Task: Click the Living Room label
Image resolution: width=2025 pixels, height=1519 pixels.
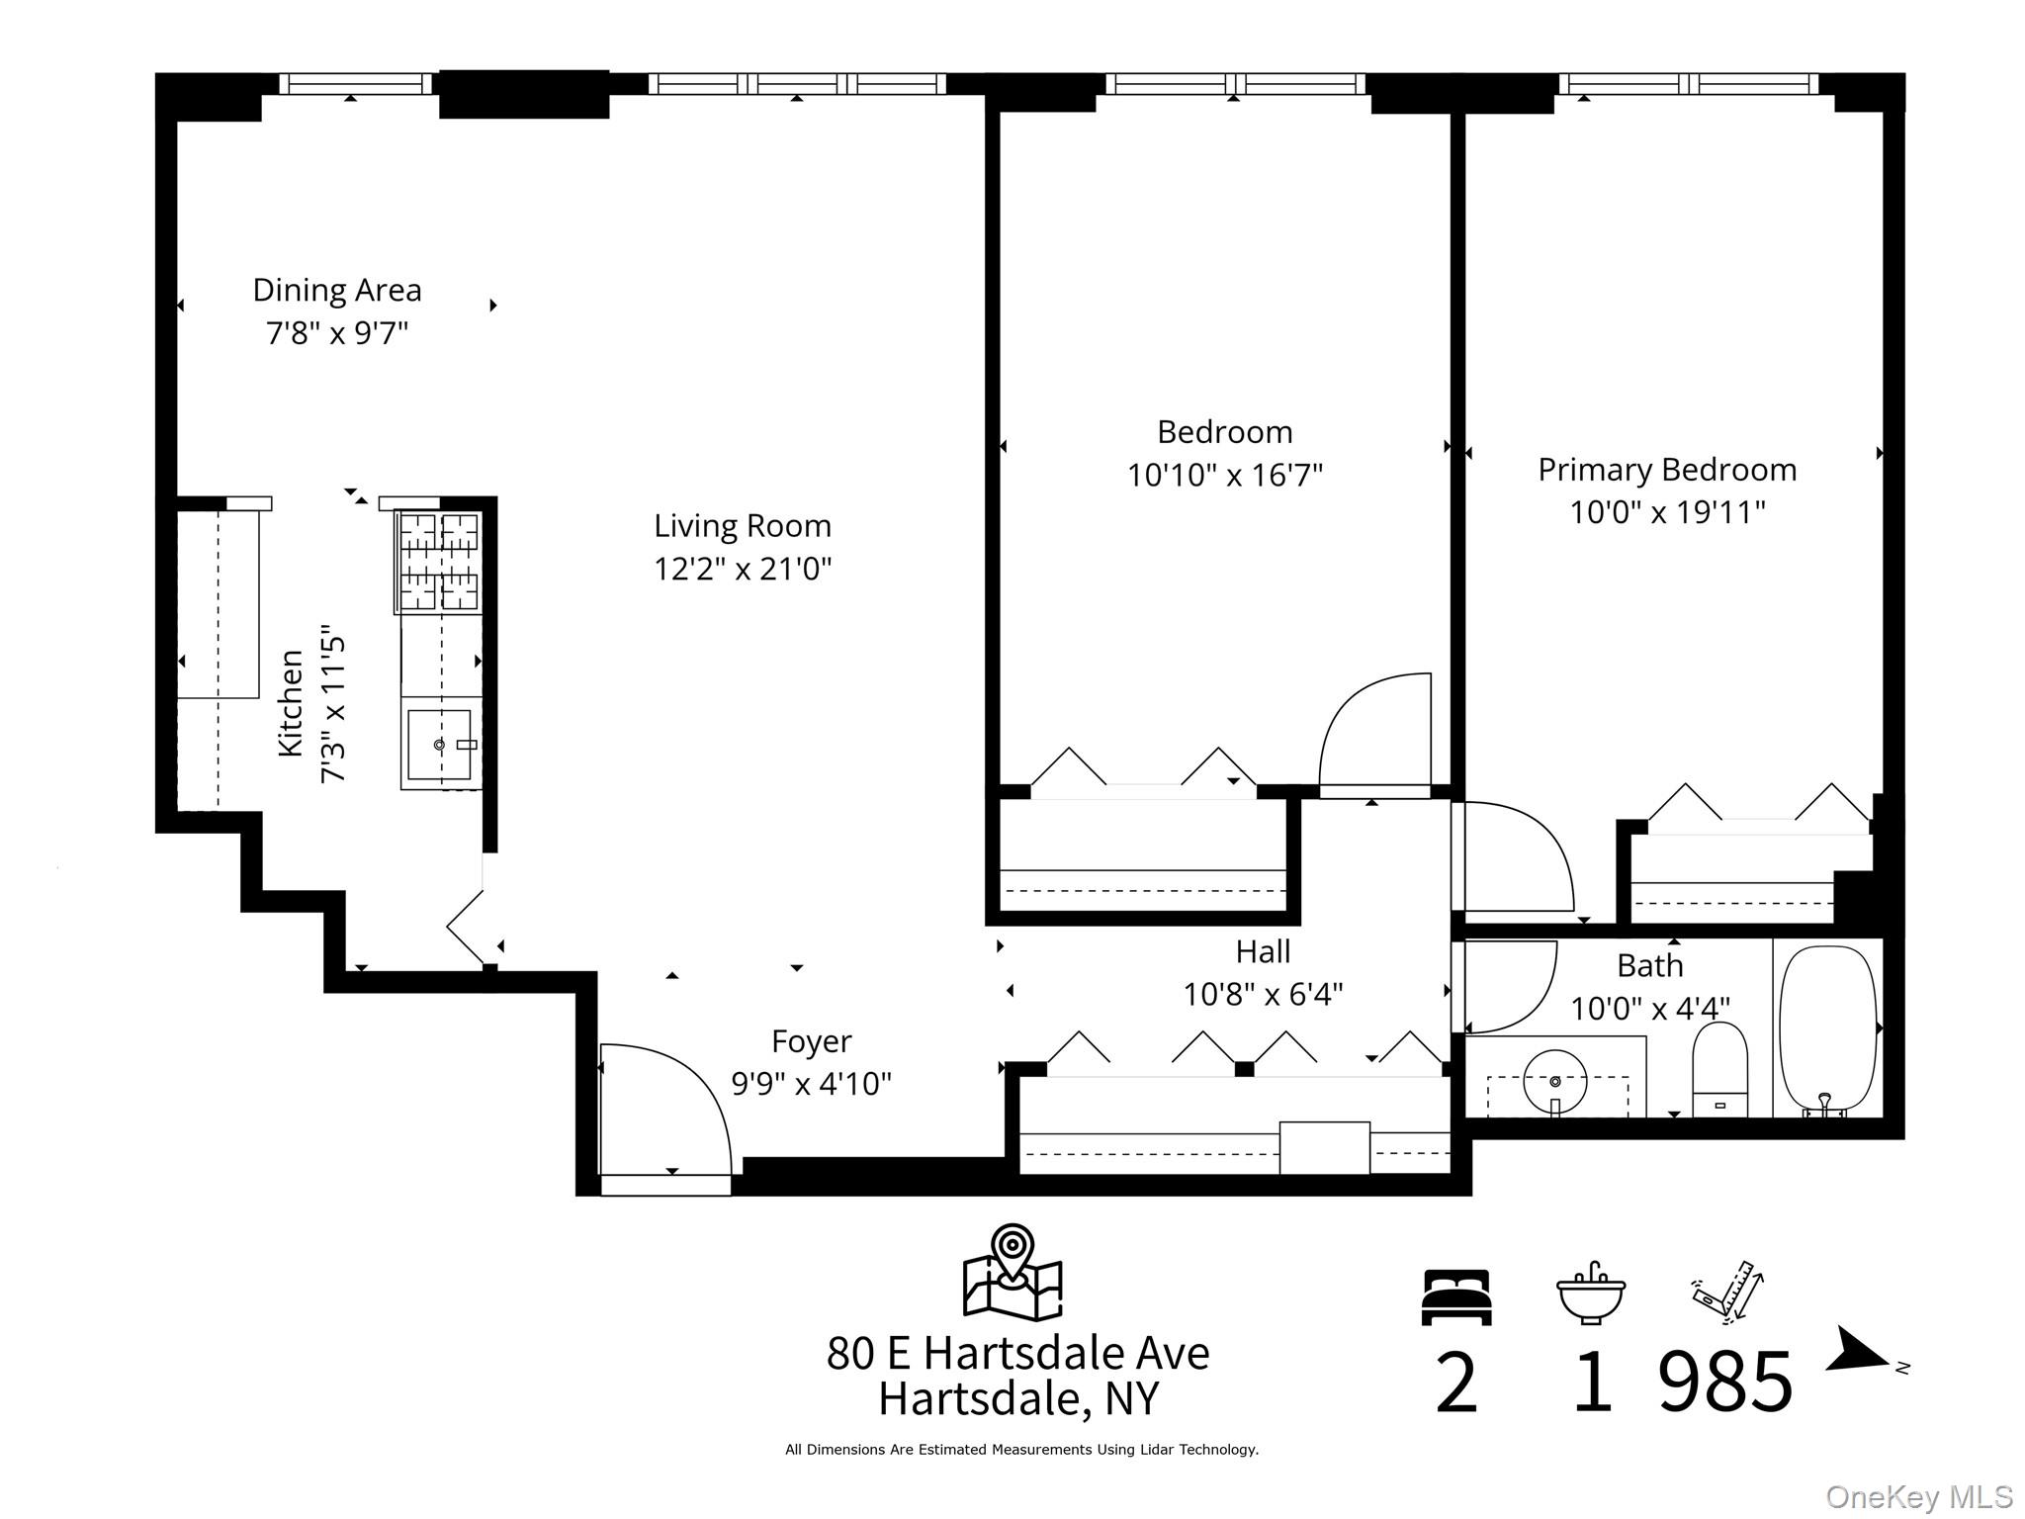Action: (x=742, y=525)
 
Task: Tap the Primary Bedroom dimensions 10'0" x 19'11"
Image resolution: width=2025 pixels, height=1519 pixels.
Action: (x=1667, y=512)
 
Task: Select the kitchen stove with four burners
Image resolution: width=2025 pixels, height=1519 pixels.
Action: (x=439, y=561)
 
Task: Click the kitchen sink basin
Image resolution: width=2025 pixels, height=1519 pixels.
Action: (x=439, y=745)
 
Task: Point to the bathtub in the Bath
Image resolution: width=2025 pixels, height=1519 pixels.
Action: (x=1827, y=1028)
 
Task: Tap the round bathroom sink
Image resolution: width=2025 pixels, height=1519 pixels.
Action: (x=1554, y=1080)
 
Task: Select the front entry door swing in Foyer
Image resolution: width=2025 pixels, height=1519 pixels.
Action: (x=664, y=1108)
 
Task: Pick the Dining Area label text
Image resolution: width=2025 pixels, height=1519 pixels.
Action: (x=337, y=290)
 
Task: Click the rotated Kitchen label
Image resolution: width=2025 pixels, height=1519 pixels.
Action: (x=291, y=703)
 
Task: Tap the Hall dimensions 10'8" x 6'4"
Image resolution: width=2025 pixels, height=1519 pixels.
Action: (x=1263, y=994)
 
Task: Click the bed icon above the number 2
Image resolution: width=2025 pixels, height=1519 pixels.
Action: (x=1455, y=1297)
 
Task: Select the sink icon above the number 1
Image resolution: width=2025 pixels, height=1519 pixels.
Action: (x=1590, y=1294)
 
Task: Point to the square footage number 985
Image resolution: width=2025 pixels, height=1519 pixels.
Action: (x=1724, y=1383)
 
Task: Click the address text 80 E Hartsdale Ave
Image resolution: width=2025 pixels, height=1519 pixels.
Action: (x=1017, y=1353)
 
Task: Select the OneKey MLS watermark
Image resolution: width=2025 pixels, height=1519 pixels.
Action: (x=1918, y=1496)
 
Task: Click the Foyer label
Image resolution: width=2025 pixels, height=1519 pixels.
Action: (x=811, y=1041)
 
